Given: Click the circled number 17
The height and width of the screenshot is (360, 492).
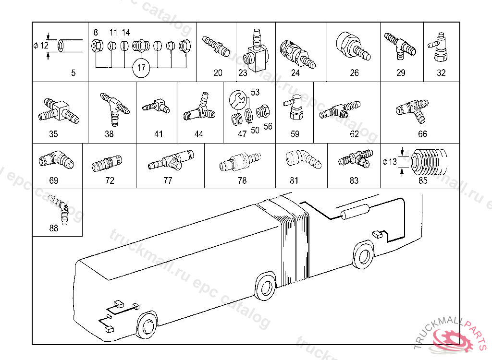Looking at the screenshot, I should (141, 68).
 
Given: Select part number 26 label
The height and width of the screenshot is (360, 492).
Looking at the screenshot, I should (354, 73).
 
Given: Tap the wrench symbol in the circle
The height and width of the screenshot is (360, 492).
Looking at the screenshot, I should (237, 100).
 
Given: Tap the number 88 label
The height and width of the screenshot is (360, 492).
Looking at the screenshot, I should (54, 228).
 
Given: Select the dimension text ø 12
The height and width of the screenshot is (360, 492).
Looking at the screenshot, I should (42, 46).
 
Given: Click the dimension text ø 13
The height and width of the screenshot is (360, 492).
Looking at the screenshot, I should (390, 162).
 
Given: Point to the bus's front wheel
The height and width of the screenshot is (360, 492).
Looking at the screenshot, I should (147, 325).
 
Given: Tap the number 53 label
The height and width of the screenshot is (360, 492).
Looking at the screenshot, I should (255, 92).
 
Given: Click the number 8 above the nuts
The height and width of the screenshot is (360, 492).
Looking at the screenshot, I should (96, 33).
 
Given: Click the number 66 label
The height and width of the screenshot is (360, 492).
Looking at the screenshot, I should (422, 134).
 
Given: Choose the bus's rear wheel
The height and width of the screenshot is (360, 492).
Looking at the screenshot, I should (364, 256).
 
